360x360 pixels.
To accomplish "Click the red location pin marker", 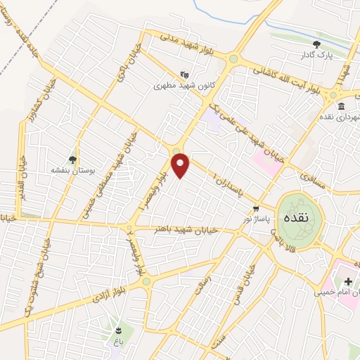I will coord(181,165).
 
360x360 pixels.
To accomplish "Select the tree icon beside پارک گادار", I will coord(316,44).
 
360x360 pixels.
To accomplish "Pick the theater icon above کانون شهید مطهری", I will coord(184,74).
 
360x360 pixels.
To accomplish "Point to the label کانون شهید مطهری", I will coord(183,86).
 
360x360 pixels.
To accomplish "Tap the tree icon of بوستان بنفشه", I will coord(72,160).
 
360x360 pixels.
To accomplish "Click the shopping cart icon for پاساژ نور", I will coord(257,208).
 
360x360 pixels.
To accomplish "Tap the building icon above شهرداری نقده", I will coord(342,106).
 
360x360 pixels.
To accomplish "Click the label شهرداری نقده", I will coord(340,117).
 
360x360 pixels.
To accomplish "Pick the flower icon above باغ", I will coord(118,330).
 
